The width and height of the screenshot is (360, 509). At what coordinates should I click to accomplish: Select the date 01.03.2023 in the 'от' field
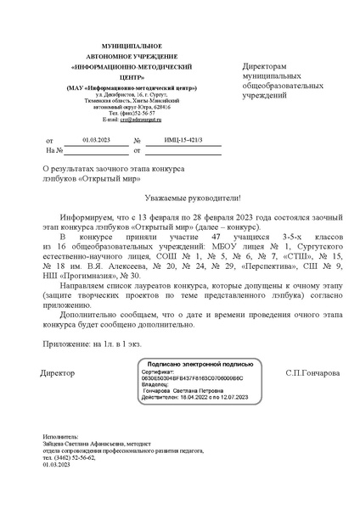pos(96,140)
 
